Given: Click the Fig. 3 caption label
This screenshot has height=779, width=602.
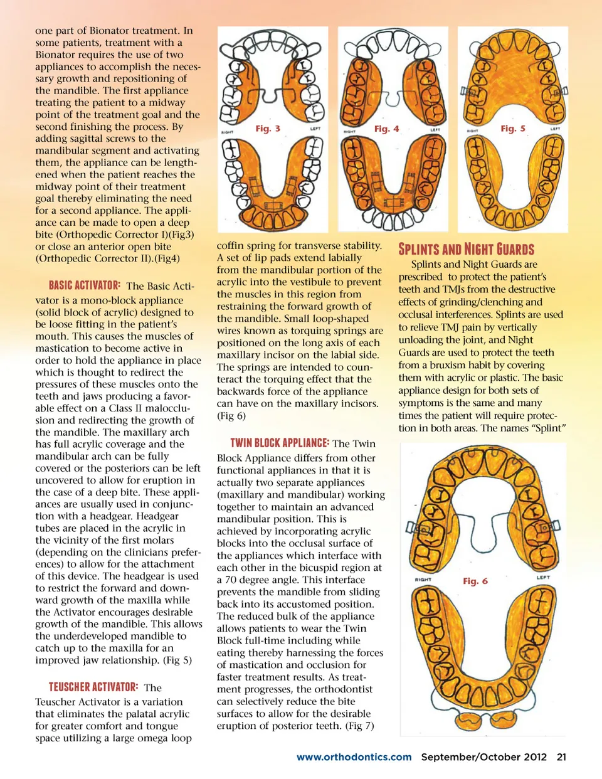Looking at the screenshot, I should (268, 129).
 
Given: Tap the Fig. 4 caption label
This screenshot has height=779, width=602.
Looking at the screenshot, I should (386, 129).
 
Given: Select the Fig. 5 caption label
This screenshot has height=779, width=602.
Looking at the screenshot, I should (513, 129).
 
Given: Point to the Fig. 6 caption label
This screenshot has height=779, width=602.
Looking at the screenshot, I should (475, 581).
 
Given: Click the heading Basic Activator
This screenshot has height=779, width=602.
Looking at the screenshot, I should (85, 285).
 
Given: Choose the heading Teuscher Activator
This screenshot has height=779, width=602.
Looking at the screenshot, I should (93, 687).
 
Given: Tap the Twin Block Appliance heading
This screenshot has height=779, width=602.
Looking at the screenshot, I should (280, 443).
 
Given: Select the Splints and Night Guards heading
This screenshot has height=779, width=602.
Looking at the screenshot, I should (467, 249).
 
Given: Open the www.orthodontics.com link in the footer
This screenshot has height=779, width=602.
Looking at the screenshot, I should (354, 757).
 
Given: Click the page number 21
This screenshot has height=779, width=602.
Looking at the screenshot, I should (561, 757).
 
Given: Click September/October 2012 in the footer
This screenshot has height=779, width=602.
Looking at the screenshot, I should (483, 757).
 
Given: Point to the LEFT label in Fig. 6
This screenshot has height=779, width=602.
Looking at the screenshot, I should (543, 577).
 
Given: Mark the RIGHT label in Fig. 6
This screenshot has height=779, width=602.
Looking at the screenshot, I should (423, 580).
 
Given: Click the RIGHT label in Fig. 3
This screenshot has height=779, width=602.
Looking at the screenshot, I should (228, 132).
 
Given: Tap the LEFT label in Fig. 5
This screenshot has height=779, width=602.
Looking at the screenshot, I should (555, 129).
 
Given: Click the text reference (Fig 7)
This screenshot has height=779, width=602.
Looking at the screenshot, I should (360, 726).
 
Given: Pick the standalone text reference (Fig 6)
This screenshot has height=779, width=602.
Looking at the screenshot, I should (231, 416).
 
